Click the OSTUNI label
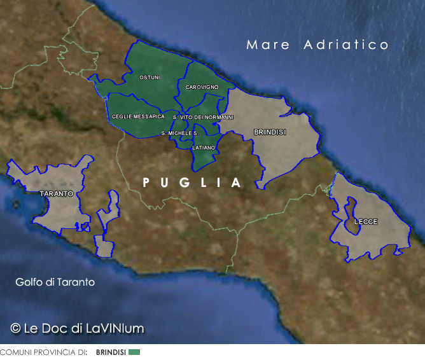pyautogui.click(x=150, y=78)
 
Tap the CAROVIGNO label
pyautogui.click(x=202, y=87)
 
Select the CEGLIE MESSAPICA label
pyautogui.click(x=138, y=117)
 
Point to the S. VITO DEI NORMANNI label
pyautogui.click(x=203, y=118)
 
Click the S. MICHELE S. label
pyautogui.click(x=179, y=133)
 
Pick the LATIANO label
pyautogui.click(x=204, y=148)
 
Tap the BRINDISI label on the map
pyautogui.click(x=270, y=132)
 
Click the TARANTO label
pyautogui.click(x=57, y=193)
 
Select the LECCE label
pyautogui.click(x=366, y=222)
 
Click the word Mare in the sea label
pyautogui.click(x=268, y=45)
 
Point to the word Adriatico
pyautogui.click(x=346, y=45)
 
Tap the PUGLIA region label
pyautogui.click(x=192, y=183)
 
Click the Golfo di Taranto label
pyautogui.click(x=55, y=282)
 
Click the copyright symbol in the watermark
pyautogui.click(x=16, y=328)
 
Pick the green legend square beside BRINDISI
pyautogui.click(x=134, y=352)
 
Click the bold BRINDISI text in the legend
pyautogui.click(x=111, y=352)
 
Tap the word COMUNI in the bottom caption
pyautogui.click(x=14, y=352)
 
